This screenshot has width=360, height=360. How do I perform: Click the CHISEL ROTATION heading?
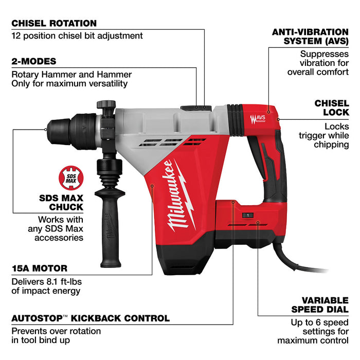54,23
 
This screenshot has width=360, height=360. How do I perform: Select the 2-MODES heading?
34,61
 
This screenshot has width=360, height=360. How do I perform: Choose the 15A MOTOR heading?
39,268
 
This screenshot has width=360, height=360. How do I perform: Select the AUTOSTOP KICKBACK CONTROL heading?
90,318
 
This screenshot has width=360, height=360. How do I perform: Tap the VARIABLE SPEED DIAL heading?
317,304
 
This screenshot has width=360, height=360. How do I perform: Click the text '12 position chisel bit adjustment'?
77,36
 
